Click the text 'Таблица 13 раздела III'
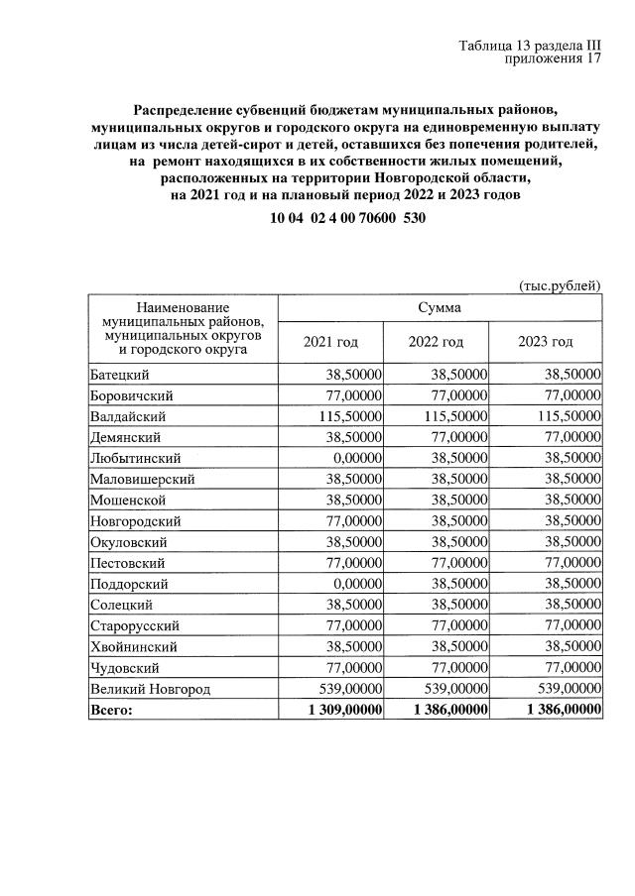pos(531,46)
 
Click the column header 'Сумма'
pos(439,307)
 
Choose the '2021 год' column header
pos(330,342)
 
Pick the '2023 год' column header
pos(546,342)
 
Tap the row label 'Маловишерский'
pos(142,479)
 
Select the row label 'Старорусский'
pos(135,626)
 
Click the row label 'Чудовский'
pos(125,668)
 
